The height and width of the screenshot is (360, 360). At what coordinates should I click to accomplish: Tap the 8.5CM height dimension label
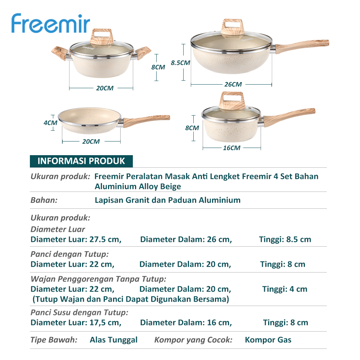click(180, 62)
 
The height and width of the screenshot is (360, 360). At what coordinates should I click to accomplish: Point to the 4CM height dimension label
click(50, 122)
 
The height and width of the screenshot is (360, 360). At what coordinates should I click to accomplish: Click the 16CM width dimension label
click(231, 148)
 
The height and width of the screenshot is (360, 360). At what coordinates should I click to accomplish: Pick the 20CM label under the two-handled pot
click(105, 88)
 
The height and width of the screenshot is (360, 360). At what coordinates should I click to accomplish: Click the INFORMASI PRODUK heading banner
click(81, 161)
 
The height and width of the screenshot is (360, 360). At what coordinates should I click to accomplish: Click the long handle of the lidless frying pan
click(148, 120)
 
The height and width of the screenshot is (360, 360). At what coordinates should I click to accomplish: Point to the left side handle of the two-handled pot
click(59, 51)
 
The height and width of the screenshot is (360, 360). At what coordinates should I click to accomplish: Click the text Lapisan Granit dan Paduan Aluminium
click(167, 200)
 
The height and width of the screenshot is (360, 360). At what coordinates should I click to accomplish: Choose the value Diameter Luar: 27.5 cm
click(76, 239)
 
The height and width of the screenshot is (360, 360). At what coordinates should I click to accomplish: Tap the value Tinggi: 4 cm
click(285, 289)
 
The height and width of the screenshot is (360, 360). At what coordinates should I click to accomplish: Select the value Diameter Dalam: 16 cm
click(186, 323)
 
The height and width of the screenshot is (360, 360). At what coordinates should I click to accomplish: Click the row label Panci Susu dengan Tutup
click(79, 312)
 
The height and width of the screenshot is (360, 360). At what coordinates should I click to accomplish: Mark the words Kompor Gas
click(268, 340)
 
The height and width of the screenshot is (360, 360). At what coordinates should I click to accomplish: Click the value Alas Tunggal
click(114, 340)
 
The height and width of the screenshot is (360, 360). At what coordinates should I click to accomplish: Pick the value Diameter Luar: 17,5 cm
click(76, 323)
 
